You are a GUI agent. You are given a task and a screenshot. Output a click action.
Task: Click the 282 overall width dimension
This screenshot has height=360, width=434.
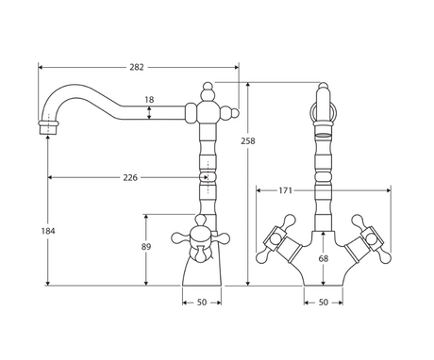pos(137,67)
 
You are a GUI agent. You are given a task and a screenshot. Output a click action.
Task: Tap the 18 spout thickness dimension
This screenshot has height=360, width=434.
pos(149,100)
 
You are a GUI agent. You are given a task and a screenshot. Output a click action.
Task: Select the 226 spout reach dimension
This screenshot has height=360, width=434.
pos(130,178)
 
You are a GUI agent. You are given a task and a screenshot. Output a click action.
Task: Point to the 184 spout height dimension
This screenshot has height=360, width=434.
pos(48,231)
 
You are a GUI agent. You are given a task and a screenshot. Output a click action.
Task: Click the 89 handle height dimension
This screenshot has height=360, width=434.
pos(146,247)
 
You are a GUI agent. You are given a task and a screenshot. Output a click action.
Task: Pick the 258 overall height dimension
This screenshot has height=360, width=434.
pos(248,141)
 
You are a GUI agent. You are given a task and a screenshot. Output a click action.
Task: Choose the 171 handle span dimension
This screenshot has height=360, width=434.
pos(286,190)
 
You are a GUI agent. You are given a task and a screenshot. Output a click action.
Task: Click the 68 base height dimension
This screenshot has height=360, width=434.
pos(324,258)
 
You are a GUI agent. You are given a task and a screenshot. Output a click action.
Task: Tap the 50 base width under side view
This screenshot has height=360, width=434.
pos(202,303)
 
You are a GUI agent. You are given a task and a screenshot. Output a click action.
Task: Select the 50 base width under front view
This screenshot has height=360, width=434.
pos(324,303)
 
